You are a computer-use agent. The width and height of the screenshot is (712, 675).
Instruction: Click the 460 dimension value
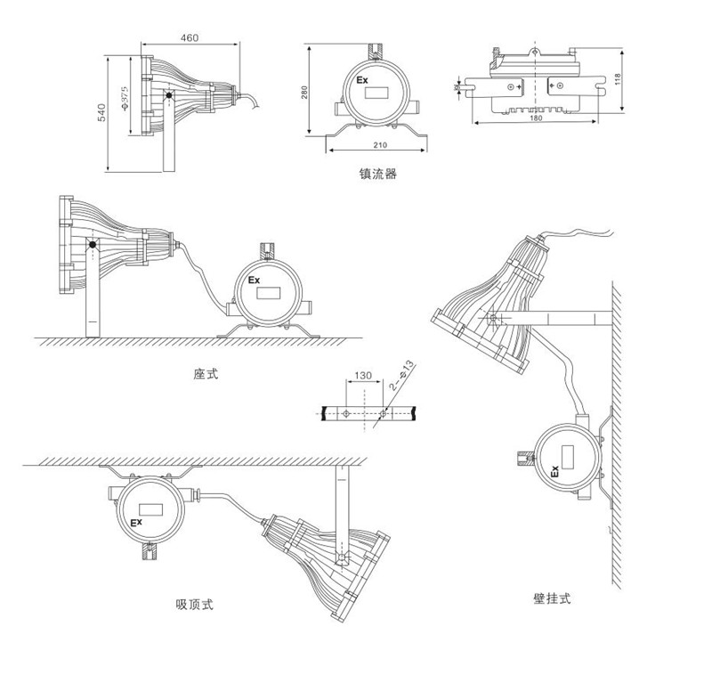189,37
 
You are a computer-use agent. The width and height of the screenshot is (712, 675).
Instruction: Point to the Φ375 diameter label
126,100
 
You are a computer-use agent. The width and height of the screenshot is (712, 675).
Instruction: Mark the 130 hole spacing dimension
362,377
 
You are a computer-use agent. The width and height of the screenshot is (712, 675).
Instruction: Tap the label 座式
206,374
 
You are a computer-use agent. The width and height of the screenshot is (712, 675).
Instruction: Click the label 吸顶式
195,606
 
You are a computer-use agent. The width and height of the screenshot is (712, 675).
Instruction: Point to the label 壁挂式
546,599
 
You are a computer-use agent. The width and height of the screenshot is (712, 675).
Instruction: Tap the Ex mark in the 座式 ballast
254,280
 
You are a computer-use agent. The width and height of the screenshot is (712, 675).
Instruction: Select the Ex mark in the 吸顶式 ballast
137,522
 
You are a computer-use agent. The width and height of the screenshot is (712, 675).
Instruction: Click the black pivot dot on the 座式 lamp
92,244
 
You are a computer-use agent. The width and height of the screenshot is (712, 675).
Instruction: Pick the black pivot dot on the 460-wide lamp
168,95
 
